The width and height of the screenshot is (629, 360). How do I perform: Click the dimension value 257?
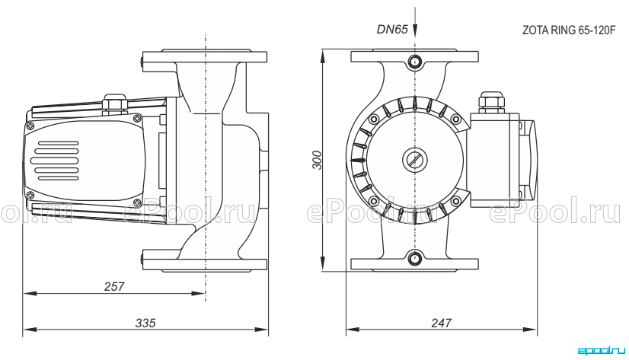[114, 286]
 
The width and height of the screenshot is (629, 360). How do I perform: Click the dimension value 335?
[145, 323]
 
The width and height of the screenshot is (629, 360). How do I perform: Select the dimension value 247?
[441, 323]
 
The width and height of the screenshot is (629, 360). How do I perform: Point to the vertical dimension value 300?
[318, 160]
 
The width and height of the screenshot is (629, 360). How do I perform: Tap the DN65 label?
[392, 29]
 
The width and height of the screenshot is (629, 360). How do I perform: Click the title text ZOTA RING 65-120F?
[568, 30]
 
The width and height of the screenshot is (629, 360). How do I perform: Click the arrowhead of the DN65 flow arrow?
[415, 31]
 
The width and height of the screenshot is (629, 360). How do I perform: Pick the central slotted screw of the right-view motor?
[415, 160]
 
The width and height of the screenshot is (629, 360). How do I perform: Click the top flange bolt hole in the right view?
[415, 62]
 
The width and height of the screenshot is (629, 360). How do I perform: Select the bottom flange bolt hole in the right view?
[415, 258]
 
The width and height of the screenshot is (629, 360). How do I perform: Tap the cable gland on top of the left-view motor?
[115, 102]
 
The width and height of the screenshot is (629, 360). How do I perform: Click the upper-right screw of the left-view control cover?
[137, 118]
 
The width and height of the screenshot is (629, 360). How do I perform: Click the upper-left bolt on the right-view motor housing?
[374, 119]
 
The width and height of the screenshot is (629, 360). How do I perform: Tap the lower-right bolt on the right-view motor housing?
[456, 201]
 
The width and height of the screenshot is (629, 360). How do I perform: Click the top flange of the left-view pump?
[205, 56]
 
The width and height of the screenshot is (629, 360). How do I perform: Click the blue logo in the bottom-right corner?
[602, 351]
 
